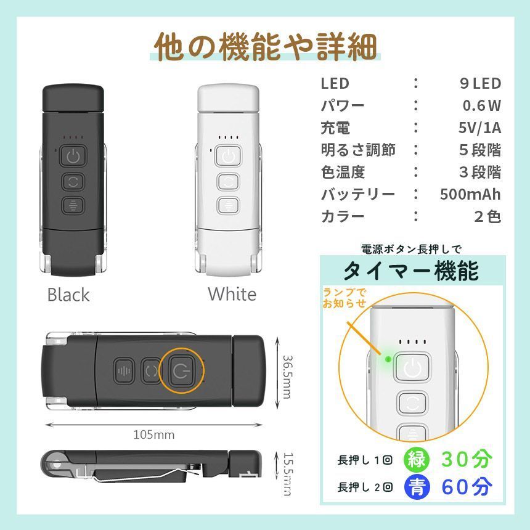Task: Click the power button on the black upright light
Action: coord(73,156)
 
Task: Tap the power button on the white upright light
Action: coord(229,156)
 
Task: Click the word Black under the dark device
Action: coord(68,295)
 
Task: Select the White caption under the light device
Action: coord(232,294)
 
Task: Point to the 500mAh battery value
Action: coord(470,194)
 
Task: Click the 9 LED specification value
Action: coord(480,83)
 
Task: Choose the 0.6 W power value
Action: coord(482,105)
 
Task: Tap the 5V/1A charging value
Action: coord(479,128)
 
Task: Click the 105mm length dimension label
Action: coord(154,434)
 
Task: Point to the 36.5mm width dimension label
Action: coord(287,377)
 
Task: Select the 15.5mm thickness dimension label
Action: coord(288,474)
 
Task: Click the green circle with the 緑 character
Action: coord(416,459)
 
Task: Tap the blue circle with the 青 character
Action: coord(417,487)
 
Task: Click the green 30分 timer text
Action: coord(467,459)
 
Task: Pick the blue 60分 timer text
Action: coord(467,487)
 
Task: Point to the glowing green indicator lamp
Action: coord(388,359)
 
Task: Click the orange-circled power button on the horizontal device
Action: coord(182,371)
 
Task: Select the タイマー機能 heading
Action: coord(411,271)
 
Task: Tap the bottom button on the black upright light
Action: coord(73,205)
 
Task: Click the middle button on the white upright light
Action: coord(228,182)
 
